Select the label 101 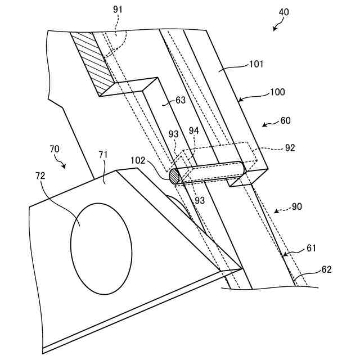click(256, 65)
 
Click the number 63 click(180, 101)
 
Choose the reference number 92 click(290, 148)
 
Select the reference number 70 click(55, 149)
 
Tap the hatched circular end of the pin click(175, 176)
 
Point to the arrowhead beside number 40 click(275, 28)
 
